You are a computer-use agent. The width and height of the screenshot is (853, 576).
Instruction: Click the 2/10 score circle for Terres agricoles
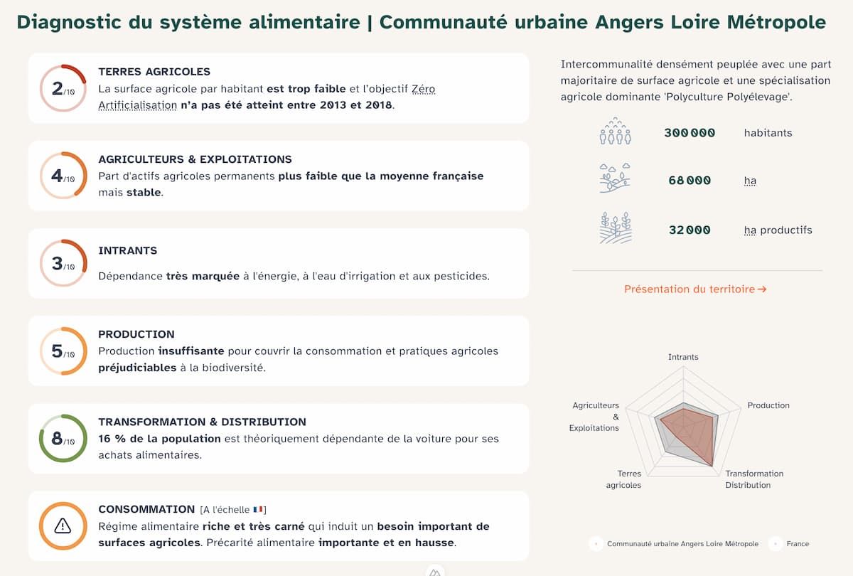click(63, 88)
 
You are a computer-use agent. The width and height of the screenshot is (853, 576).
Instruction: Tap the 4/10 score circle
click(63, 176)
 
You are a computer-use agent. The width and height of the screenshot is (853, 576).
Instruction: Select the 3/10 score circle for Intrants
click(63, 264)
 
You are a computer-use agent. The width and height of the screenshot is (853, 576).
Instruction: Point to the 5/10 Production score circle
click(63, 351)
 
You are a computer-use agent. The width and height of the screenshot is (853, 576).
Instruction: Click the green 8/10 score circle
click(63, 439)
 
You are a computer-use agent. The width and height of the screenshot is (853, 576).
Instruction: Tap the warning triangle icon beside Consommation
click(63, 526)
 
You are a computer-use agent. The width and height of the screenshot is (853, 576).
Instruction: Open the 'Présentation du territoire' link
click(695, 289)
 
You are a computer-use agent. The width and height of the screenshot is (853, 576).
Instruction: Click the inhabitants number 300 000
click(690, 133)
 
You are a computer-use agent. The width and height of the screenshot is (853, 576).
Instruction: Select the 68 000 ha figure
click(690, 181)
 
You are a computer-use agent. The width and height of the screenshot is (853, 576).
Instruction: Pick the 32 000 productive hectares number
click(690, 230)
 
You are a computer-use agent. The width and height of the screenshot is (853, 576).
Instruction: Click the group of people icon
click(616, 132)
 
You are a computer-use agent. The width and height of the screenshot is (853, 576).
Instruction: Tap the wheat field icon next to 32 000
click(616, 228)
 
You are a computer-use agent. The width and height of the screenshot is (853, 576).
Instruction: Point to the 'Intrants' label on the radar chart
click(683, 357)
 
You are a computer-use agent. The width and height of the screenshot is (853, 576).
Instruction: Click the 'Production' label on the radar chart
click(768, 405)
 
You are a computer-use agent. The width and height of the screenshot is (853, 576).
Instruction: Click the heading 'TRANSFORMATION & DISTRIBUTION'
click(202, 422)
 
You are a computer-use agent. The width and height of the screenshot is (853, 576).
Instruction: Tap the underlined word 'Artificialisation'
click(137, 105)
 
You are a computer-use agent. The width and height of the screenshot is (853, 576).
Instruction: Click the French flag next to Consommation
click(258, 509)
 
